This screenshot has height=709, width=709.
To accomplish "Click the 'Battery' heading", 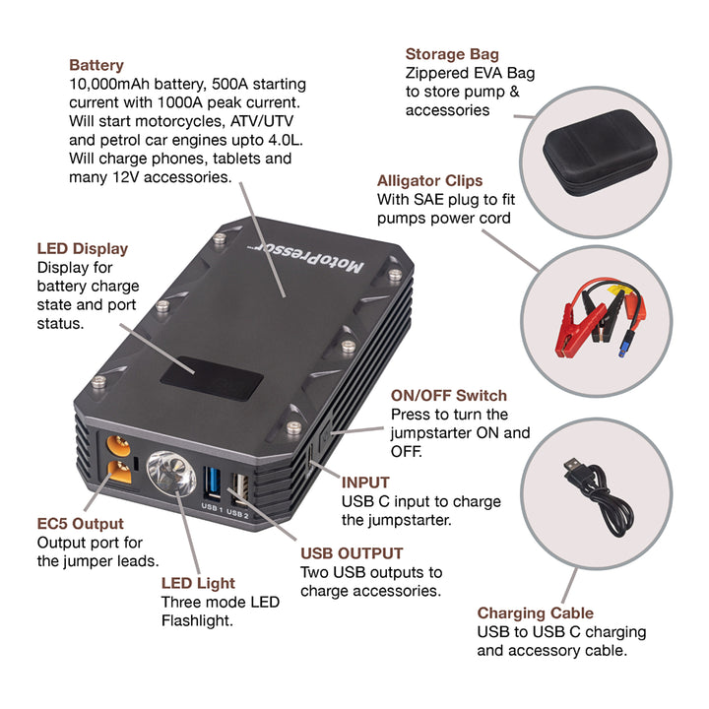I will (97, 65).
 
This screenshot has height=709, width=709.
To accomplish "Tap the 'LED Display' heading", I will (83, 248).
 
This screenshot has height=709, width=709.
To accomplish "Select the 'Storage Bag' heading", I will (452, 54).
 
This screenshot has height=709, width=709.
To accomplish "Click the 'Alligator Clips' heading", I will (430, 181).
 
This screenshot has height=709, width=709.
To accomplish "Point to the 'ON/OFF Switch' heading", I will (449, 396).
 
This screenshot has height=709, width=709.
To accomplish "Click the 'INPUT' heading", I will (365, 483).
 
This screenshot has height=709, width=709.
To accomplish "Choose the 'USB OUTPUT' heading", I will (352, 553).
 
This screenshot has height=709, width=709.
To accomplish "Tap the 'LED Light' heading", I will (198, 583).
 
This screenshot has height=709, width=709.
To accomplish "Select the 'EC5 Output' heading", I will (82, 524).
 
